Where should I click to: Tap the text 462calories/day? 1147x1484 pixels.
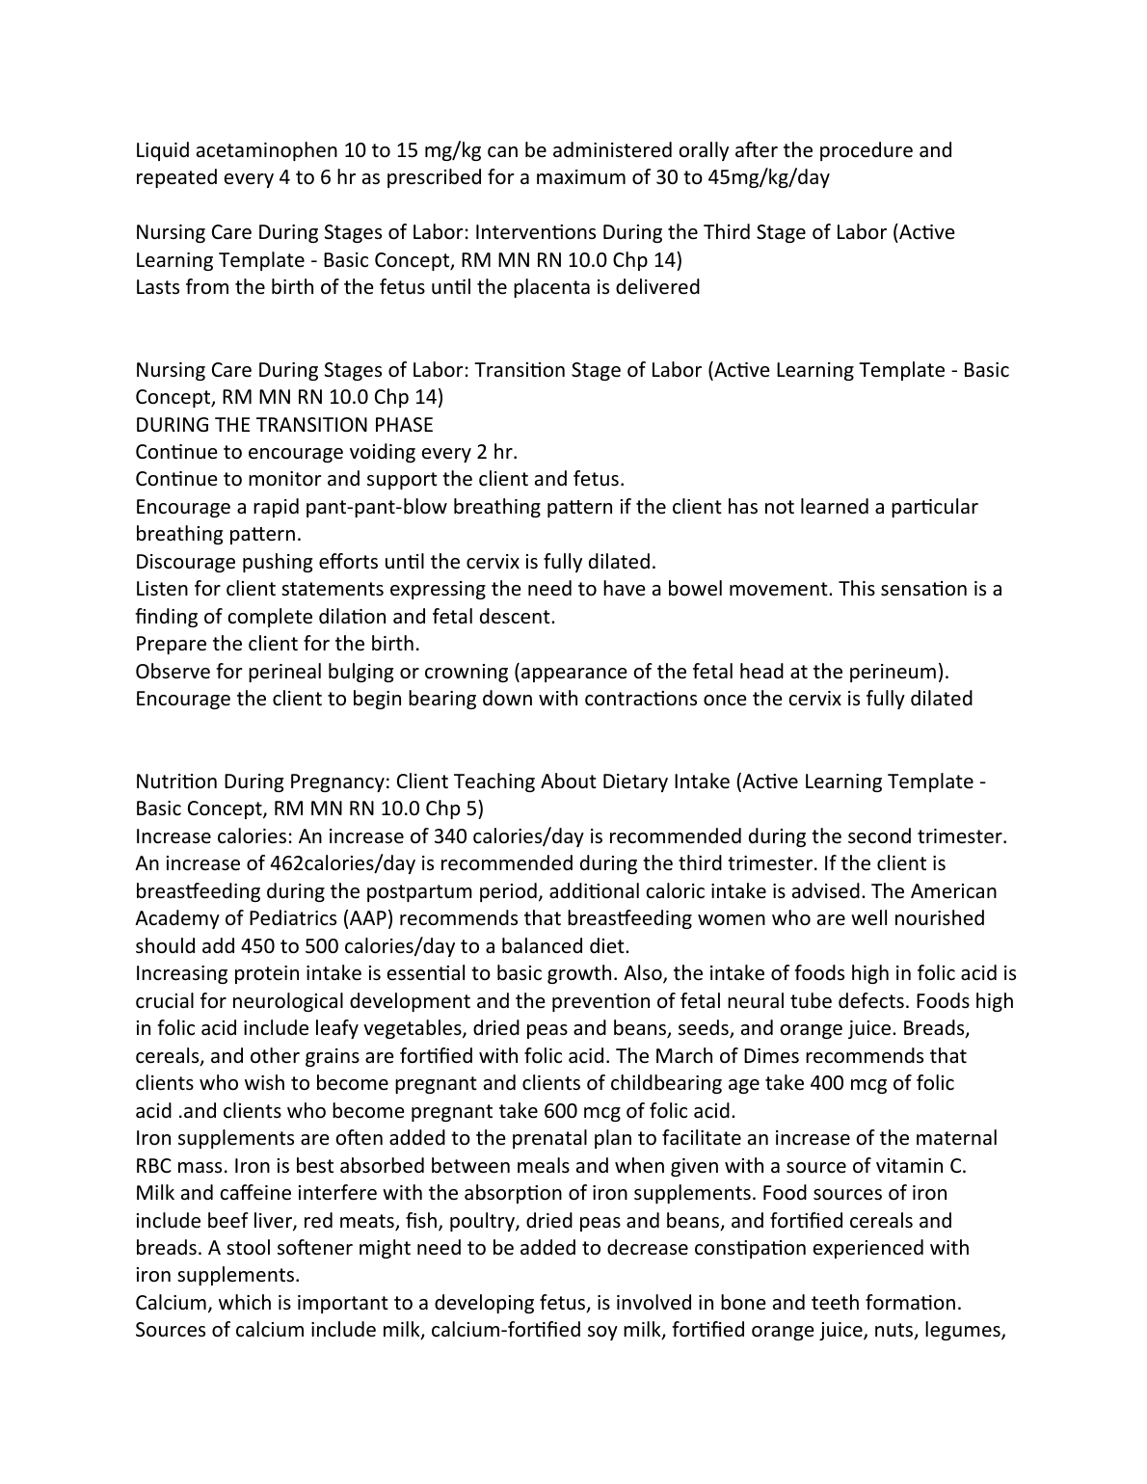pos(347,863)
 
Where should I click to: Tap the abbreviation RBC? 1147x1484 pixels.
pos(157,1166)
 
